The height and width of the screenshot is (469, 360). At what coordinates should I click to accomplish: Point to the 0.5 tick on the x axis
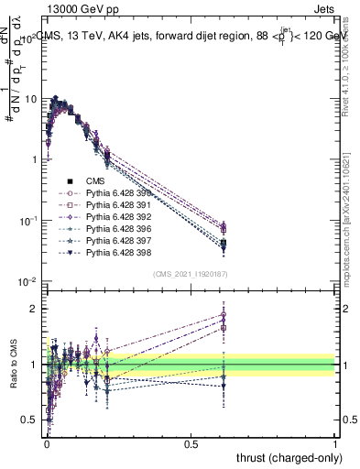tap(191, 442)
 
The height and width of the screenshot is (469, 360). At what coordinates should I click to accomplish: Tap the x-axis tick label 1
tap(335, 442)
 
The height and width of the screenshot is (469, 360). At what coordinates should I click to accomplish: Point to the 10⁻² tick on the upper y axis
tap(28, 281)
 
